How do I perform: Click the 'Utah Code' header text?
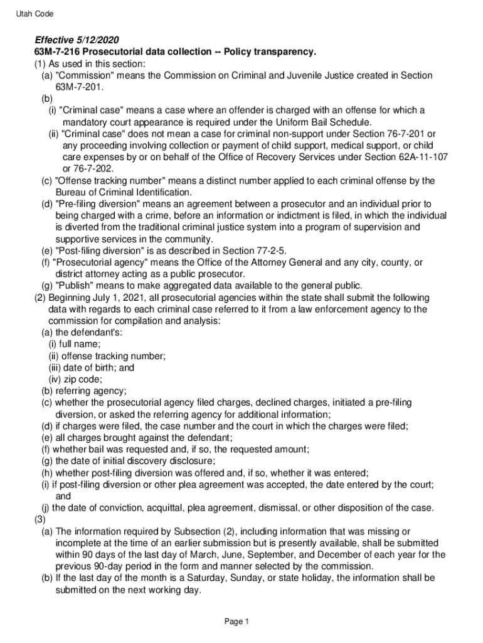coord(35,14)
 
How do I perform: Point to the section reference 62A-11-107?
coord(418,157)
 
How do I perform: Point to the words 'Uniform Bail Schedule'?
coord(322,122)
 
